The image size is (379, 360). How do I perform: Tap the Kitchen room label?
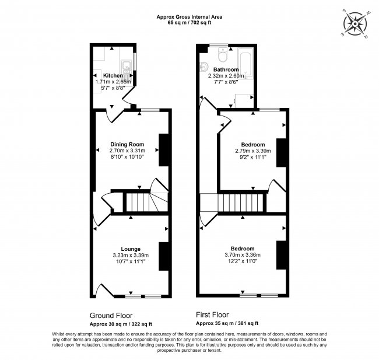(x=113, y=76)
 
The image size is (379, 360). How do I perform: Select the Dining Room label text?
(x=127, y=144)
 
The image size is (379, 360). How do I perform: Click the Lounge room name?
(x=130, y=249)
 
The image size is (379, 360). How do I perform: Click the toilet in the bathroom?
(x=222, y=56)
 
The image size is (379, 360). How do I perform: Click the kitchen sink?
(x=125, y=65)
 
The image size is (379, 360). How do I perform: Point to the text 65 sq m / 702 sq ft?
(x=189, y=23)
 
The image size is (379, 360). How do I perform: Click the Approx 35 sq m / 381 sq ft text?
(x=227, y=323)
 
